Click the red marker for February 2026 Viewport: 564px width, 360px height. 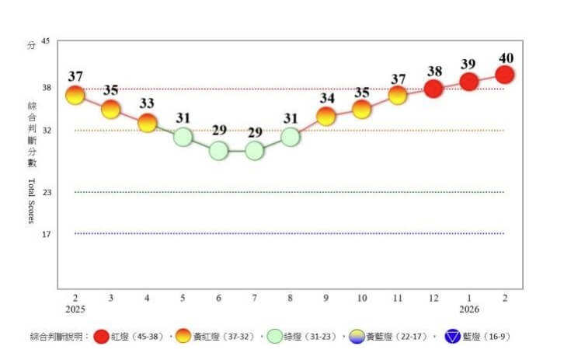pyautogui.click(x=504, y=75)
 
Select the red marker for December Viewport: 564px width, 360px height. pyautogui.click(x=433, y=89)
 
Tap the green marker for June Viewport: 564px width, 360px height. pyautogui.click(x=218, y=150)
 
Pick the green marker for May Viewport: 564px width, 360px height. pyautogui.click(x=183, y=137)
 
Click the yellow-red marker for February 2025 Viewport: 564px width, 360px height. pyautogui.click(x=75, y=96)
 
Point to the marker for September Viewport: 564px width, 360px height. pyautogui.click(x=326, y=117)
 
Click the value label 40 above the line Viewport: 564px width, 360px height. pyautogui.click(x=505, y=58)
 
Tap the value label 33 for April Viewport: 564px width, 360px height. pyautogui.click(x=147, y=104)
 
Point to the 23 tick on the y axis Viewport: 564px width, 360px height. pyautogui.click(x=46, y=192)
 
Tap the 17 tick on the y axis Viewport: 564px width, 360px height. pyautogui.click(x=46, y=233)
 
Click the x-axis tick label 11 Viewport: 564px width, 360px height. pyautogui.click(x=398, y=298)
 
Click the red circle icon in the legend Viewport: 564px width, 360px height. pyautogui.click(x=102, y=337)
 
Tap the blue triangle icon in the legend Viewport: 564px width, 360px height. pyautogui.click(x=454, y=337)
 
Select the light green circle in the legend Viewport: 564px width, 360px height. pyautogui.click(x=276, y=337)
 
